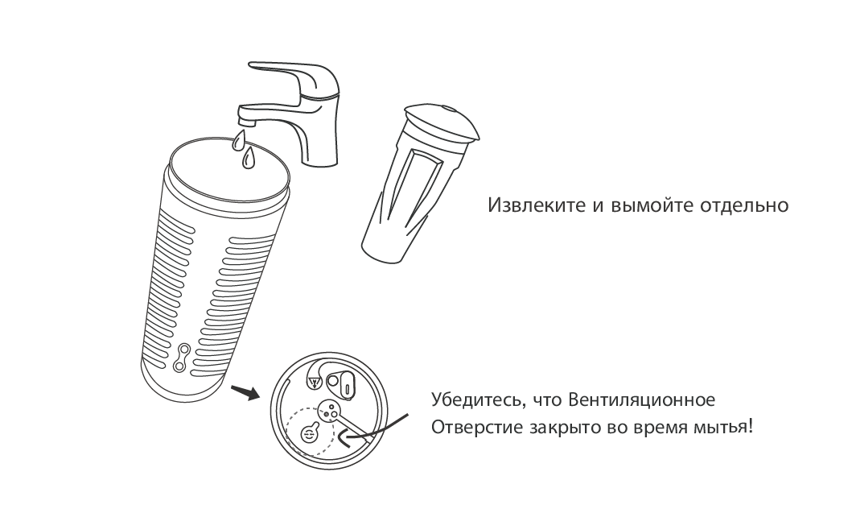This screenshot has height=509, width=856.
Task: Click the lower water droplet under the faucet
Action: (249, 159)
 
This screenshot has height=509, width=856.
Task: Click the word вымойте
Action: (648, 206)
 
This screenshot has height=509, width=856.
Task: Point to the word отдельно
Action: (743, 205)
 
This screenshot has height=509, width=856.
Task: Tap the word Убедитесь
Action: (477, 399)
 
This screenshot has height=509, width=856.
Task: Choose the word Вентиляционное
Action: (641, 399)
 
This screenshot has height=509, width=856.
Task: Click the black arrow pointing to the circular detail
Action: (245, 392)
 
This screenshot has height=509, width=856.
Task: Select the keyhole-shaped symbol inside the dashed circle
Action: (310, 432)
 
